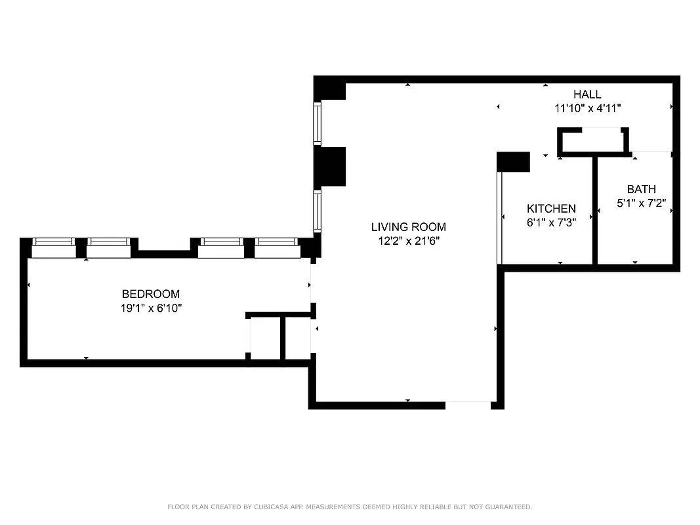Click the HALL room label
click(x=587, y=94)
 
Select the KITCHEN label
click(x=551, y=209)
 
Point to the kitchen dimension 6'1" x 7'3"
click(x=551, y=222)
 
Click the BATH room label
click(x=641, y=189)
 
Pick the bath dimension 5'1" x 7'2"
click(x=641, y=203)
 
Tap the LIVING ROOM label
click(x=408, y=227)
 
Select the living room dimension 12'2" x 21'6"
click(x=408, y=241)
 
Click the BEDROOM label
click(x=150, y=294)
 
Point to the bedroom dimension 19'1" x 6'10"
click(x=150, y=308)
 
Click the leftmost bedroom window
click(x=54, y=248)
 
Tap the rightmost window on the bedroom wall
click(x=277, y=248)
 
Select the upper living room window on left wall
click(x=318, y=124)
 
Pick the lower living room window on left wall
click(x=318, y=211)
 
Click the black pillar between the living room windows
click(x=330, y=167)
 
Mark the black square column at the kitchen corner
click(x=513, y=162)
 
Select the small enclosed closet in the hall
click(x=592, y=141)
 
